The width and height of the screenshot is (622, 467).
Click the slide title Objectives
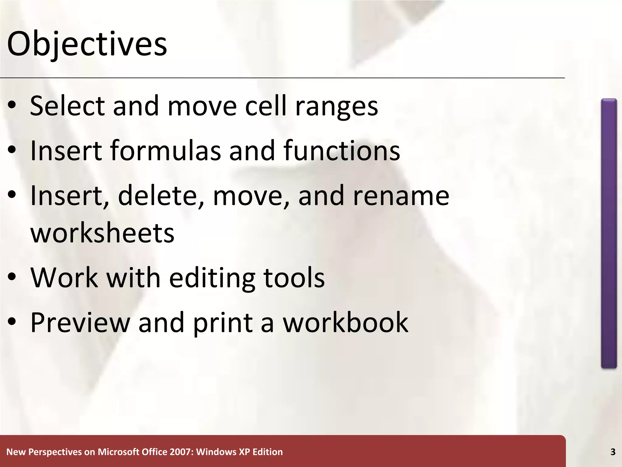tap(87, 44)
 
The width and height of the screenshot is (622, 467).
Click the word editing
tap(212, 278)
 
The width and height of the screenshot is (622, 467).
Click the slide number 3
tap(613, 452)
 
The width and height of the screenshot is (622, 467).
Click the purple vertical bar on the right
tap(609, 233)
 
